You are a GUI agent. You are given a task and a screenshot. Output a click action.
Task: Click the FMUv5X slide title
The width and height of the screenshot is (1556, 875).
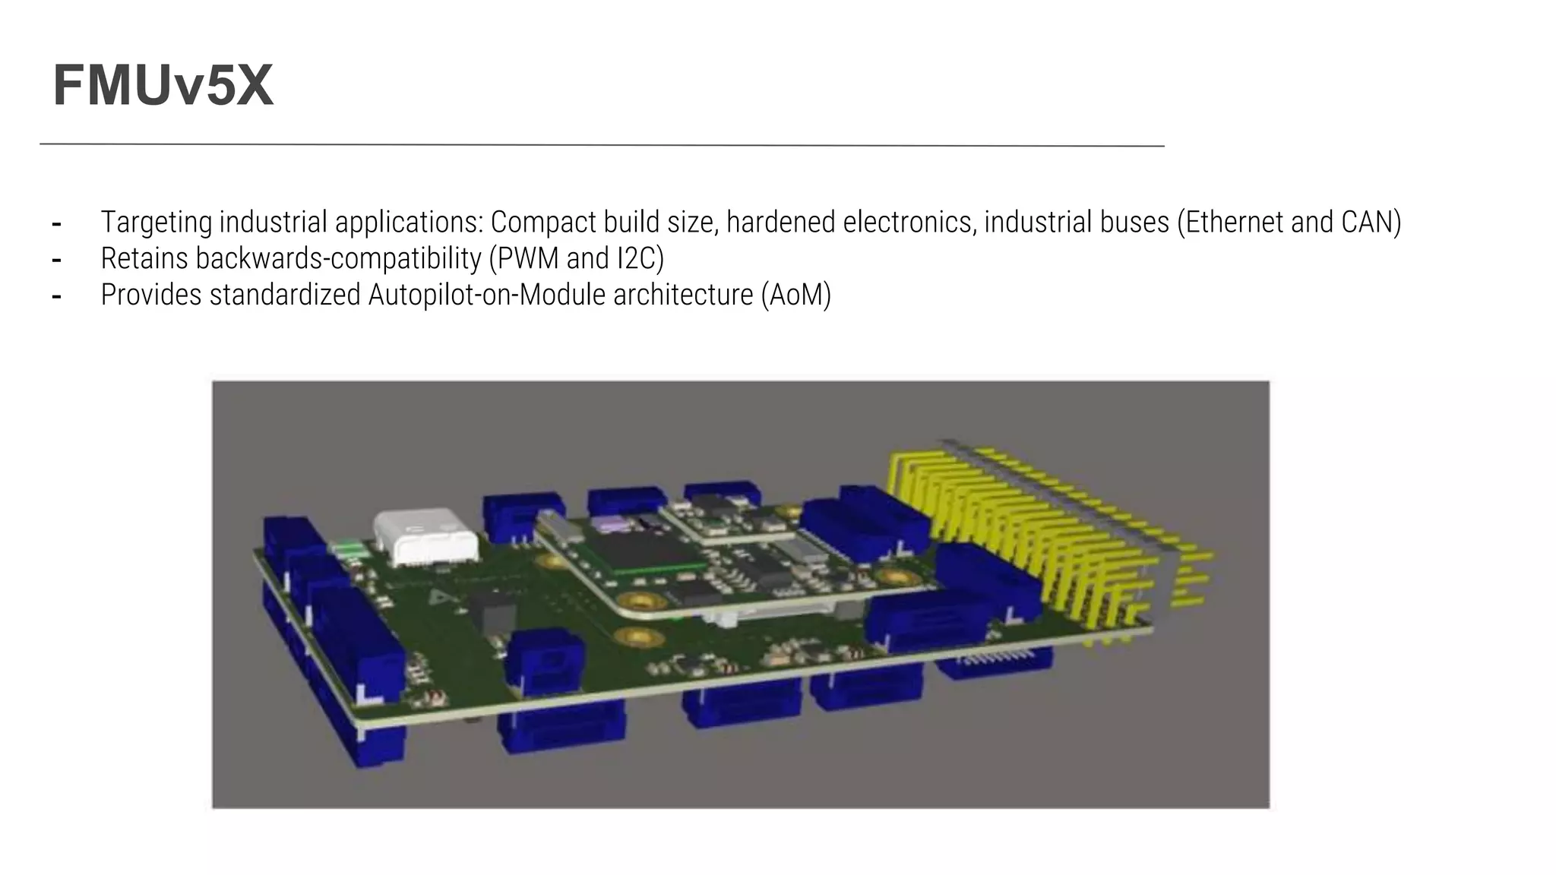[x=163, y=86]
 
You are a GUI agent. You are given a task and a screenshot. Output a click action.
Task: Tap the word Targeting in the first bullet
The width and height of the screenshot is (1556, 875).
[x=157, y=222]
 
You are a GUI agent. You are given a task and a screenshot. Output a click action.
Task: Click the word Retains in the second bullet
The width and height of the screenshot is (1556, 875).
[x=144, y=258]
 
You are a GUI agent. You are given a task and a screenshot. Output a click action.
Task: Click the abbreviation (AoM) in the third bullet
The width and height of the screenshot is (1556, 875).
[x=795, y=295]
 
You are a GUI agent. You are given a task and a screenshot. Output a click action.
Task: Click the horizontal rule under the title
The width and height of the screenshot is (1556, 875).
[x=600, y=144]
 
